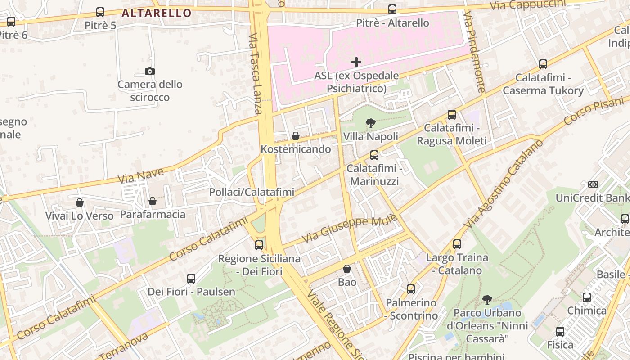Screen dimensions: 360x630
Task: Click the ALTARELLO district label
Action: coord(157,13)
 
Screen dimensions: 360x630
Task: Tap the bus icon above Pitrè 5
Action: coord(100,12)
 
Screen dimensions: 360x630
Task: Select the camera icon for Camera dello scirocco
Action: coord(150,71)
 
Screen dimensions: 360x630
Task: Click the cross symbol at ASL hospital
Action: coord(356,62)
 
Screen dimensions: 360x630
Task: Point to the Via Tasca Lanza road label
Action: coord(255,74)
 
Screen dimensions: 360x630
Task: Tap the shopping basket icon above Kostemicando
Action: coord(296,136)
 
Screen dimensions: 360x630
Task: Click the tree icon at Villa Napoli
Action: coord(370,123)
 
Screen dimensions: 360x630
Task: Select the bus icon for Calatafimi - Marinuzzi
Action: coord(374,155)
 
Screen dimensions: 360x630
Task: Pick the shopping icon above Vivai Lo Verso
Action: coord(80,202)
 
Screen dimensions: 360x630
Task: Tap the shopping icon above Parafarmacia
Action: coord(153,201)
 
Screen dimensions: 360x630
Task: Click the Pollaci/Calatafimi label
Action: coord(252,192)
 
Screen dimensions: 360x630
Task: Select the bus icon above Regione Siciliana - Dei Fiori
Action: coord(259,245)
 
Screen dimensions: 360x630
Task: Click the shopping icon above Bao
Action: coord(347,269)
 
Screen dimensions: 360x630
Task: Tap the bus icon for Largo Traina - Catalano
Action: coord(457,244)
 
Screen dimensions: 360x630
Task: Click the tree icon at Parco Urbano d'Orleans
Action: coord(487,299)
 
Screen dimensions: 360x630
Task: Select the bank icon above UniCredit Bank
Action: coord(593,184)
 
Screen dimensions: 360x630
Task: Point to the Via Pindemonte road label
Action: coord(474,52)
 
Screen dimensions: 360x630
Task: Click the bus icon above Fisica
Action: coord(560,332)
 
